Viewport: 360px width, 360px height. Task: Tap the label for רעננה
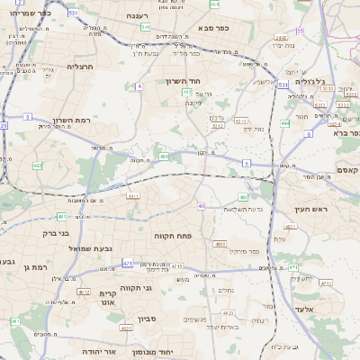coord(138,15)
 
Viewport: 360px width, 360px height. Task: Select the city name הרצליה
coord(80,67)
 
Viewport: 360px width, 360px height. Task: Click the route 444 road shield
coord(285,123)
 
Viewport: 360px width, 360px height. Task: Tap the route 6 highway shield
coord(308,133)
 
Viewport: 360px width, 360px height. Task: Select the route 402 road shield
coord(37,166)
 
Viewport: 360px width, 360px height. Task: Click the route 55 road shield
coord(301,30)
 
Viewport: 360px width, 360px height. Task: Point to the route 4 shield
coord(139,85)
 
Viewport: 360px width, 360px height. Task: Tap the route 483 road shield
coord(243,196)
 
